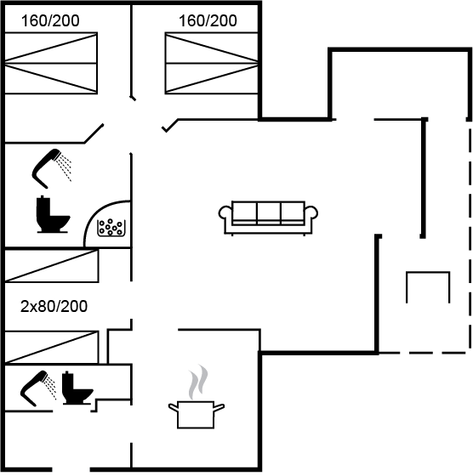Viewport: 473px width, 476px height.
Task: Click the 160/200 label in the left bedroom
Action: click(50, 21)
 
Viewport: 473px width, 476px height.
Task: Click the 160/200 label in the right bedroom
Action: click(208, 21)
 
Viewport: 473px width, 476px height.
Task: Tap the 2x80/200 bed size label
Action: click(54, 306)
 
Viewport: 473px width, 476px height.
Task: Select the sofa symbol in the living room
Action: click(268, 218)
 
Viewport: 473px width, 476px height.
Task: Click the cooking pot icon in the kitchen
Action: click(196, 415)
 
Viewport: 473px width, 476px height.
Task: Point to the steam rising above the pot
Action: click(198, 382)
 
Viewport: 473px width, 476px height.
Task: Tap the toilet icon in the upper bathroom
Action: click(53, 214)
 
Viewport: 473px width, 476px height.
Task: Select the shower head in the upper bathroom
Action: click(52, 168)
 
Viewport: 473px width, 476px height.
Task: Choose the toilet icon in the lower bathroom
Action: click(77, 388)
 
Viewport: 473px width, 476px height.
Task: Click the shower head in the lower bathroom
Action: click(38, 388)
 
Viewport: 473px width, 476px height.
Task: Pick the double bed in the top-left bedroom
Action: click(51, 63)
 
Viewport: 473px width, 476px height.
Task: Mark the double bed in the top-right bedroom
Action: click(212, 63)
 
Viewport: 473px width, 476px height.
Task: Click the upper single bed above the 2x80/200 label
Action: click(52, 265)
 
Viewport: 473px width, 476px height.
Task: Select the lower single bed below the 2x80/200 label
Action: click(52, 347)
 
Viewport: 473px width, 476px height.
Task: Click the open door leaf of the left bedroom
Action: click(94, 133)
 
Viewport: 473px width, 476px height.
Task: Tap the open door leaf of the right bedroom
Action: click(170, 126)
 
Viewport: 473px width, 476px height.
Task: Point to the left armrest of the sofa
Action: click(225, 213)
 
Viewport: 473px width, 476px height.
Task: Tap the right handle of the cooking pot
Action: click(219, 407)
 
